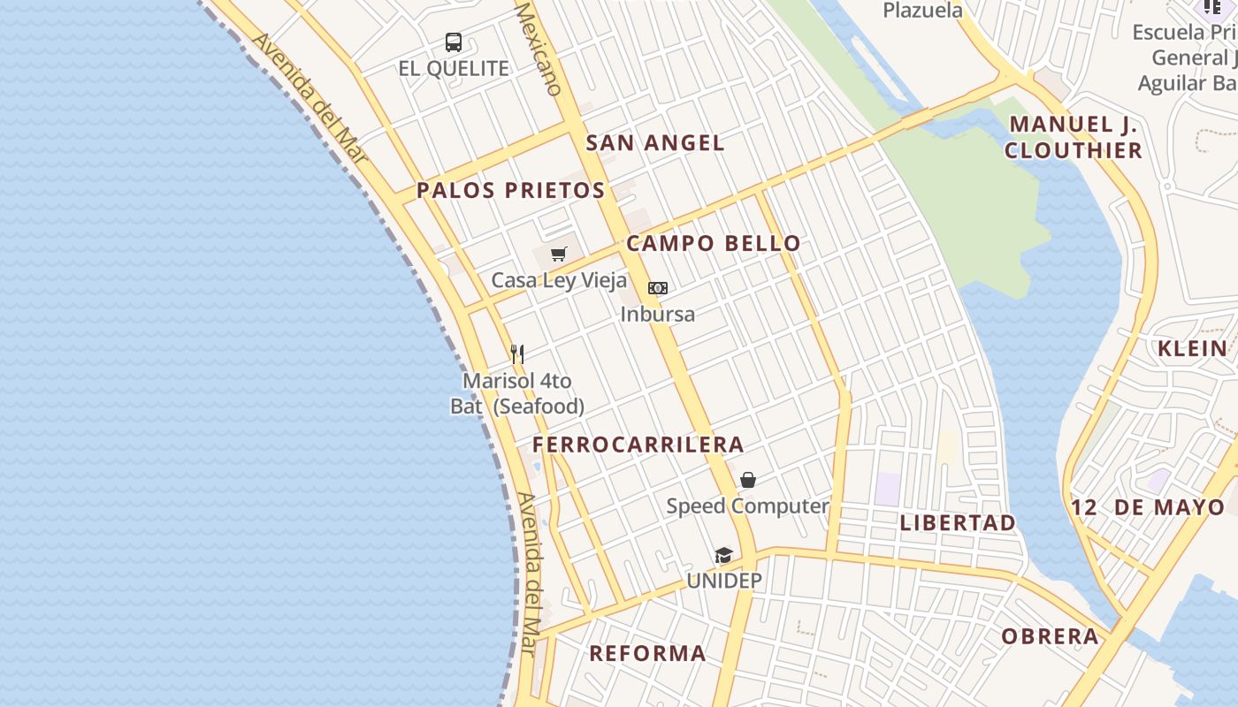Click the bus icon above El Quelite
454,42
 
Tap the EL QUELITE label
454,69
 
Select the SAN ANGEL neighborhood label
655,143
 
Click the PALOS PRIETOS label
511,190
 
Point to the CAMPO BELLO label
714,244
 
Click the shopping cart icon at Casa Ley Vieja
558,255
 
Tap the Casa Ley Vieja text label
559,281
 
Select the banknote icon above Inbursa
658,288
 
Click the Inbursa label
658,314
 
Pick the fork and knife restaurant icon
517,354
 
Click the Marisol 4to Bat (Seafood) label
517,393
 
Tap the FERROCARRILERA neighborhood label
638,445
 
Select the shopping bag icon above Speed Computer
748,480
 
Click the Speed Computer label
747,506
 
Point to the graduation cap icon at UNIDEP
724,555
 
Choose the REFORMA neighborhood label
647,654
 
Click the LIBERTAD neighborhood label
958,523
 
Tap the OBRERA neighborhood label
1051,636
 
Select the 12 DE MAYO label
1148,508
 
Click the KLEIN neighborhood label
1193,348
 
